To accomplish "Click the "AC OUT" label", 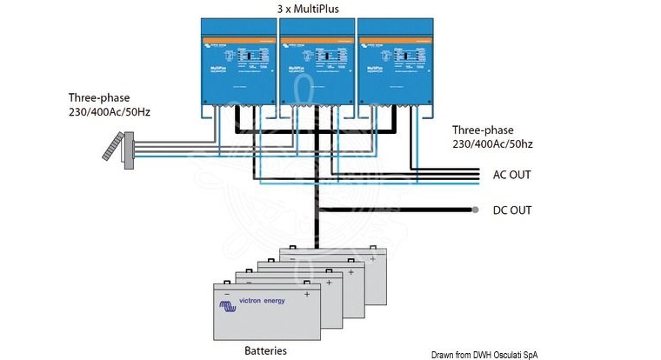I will coord(511,175).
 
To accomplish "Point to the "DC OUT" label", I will coord(511,210).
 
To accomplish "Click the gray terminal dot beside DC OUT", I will coord(475,210).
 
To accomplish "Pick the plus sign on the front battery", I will coord(306,293).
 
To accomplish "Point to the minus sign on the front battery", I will coord(227,293).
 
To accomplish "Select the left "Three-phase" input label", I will coord(97,98).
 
